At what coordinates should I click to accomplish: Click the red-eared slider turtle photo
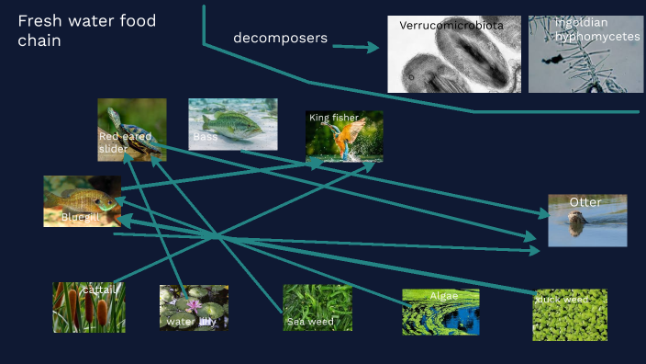coord(131,130)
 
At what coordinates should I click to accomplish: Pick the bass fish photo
coord(232,124)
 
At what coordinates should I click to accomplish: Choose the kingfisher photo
coord(344,136)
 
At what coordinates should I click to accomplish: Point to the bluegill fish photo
coord(82,200)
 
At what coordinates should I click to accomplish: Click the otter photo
coord(587,221)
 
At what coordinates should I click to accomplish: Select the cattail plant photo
coord(89,307)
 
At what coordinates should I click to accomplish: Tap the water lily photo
coord(194,307)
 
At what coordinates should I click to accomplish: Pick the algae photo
coord(440,312)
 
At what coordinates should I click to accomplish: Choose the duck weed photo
coord(569,314)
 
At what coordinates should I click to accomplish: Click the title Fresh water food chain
coord(86,30)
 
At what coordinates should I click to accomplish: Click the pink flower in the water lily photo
coord(195,304)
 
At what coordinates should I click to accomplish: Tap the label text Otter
coord(585,202)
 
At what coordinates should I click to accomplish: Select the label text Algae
coord(443,296)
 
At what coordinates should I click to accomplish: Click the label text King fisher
coord(334,118)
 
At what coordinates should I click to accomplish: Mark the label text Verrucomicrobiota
coord(451,26)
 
